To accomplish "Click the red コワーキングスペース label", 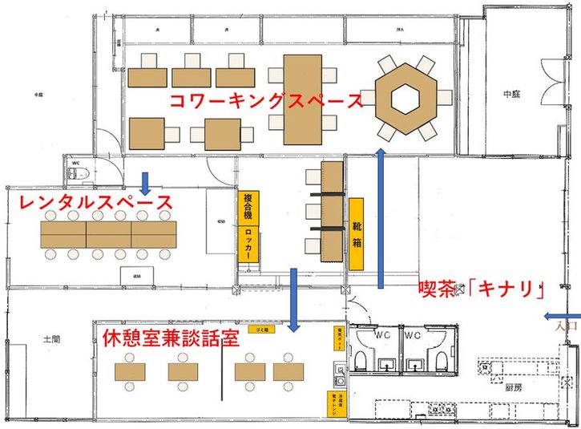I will point(264,102).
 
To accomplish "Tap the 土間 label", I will point(50,339).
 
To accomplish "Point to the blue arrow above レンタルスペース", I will point(146,183).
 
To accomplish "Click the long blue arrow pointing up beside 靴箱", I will point(381,217).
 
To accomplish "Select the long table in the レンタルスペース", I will point(109,234).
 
